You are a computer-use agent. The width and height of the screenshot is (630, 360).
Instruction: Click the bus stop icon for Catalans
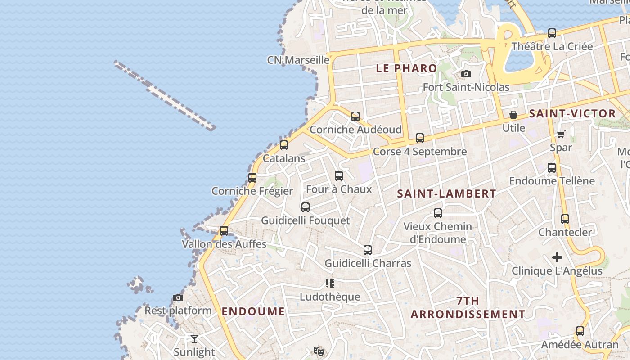283,145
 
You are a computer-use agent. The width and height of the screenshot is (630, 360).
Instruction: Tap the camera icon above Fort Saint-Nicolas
466,74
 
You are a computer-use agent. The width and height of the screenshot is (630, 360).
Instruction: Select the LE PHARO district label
406,68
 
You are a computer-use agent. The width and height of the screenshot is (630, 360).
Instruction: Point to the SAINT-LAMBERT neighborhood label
447,194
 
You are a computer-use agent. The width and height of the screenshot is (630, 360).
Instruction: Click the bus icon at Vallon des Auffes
224,231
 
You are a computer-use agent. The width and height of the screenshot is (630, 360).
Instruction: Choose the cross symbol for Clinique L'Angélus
557,257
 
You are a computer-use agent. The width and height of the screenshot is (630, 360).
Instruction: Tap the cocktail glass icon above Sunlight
194,338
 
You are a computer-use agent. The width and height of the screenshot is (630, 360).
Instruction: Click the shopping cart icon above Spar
561,134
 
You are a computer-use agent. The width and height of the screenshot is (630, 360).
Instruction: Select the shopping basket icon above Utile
513,115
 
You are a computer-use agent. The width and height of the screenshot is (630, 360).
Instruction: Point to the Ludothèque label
330,297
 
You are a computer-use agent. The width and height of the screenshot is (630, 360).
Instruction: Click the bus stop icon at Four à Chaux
339,176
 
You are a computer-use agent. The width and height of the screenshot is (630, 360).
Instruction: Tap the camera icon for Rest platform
178,297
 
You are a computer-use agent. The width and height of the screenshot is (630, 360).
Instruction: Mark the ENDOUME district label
253,311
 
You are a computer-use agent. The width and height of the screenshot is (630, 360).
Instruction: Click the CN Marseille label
298,60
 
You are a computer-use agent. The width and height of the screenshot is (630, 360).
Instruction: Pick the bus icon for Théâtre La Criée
552,33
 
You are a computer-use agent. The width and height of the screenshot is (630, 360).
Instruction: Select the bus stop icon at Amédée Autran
580,332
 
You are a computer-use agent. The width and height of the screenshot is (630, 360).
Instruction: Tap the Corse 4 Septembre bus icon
420,138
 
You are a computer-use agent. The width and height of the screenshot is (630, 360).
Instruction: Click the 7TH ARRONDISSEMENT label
468,308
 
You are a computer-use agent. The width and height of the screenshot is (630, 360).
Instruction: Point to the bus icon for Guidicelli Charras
368,250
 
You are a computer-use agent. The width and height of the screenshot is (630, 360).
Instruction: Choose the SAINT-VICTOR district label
572,114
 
